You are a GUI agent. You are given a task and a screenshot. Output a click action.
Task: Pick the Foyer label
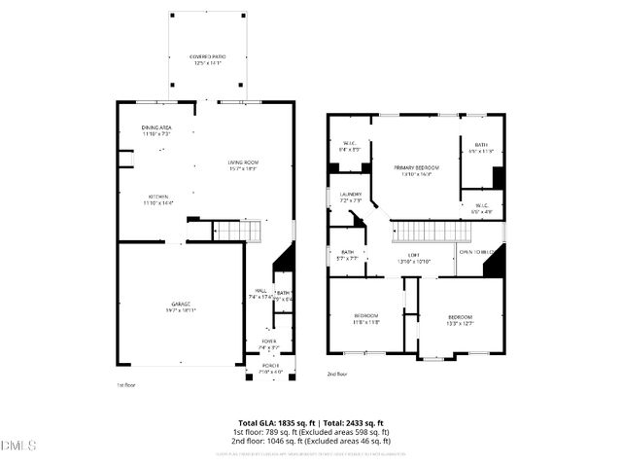tap(267, 341)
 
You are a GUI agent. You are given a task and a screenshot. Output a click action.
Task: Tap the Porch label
tap(269, 369)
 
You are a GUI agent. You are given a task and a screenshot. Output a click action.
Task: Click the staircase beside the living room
tap(238, 231)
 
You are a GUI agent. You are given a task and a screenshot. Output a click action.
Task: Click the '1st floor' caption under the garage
tap(126, 383)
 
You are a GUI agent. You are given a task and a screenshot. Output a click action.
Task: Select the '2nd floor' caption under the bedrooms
tap(336, 374)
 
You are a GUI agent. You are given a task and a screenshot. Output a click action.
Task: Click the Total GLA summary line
tap(311, 423)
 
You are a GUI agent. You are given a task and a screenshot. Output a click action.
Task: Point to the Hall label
tap(260, 291)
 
